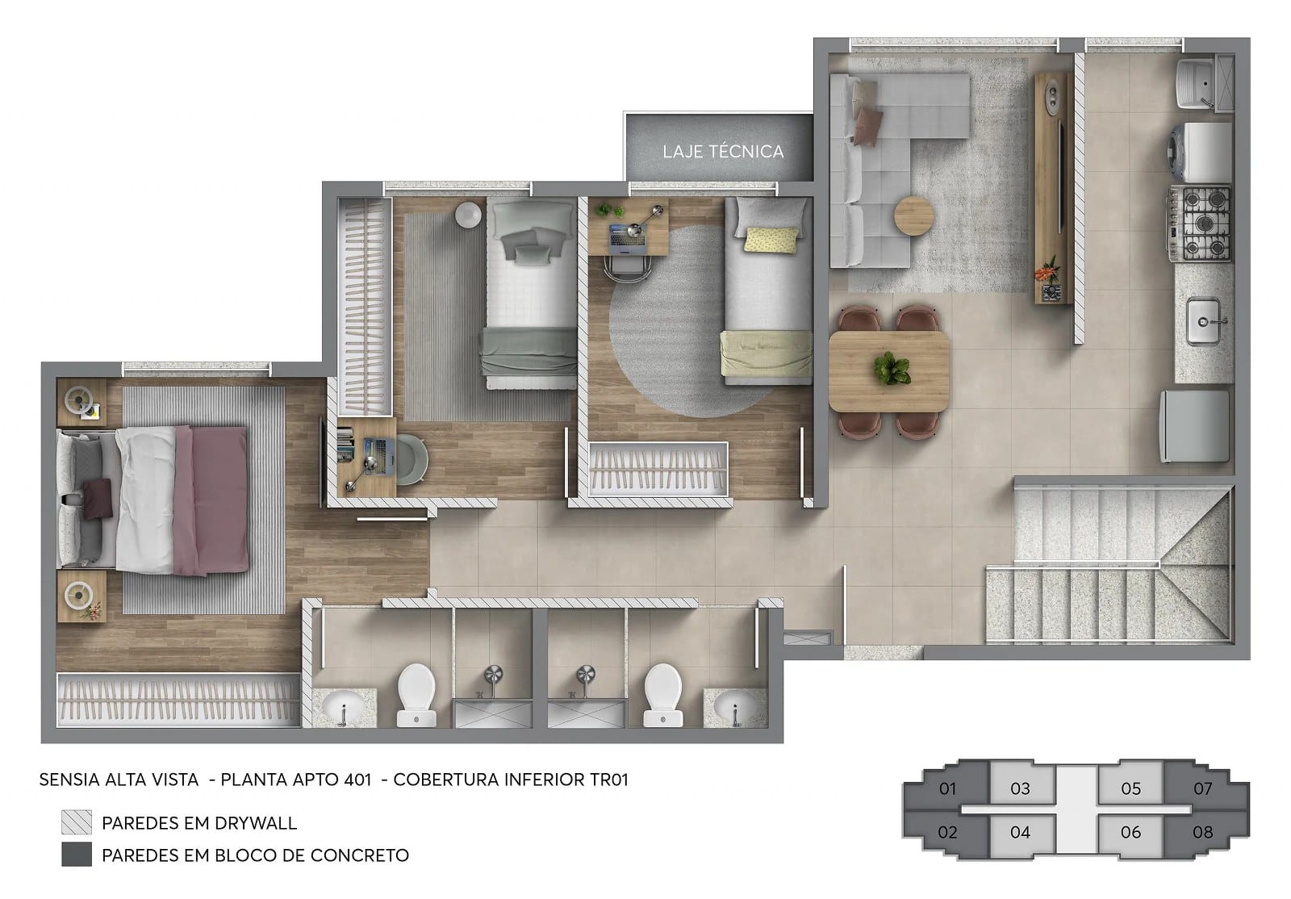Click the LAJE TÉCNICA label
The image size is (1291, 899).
[x=723, y=152]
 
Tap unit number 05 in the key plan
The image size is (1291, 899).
[x=1130, y=788]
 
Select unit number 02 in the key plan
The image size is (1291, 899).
[x=947, y=832]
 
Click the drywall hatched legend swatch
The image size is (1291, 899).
[x=77, y=822]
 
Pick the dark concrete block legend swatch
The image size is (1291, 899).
[x=77, y=855]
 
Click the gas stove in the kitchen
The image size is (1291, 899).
[x=1200, y=223]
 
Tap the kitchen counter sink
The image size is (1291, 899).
[x=1203, y=321]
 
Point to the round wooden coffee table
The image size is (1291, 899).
[x=914, y=216]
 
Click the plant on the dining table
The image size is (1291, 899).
[x=892, y=369]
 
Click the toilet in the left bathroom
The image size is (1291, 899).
[x=416, y=694]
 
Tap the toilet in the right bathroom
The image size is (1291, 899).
[x=662, y=694]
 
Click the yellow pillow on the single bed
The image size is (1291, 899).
[x=771, y=240]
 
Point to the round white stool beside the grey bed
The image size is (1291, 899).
[x=468, y=215]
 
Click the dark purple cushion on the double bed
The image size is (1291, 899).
[x=98, y=498]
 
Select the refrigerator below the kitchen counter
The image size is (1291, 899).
[x=1195, y=426]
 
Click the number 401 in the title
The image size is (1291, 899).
[x=357, y=780]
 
